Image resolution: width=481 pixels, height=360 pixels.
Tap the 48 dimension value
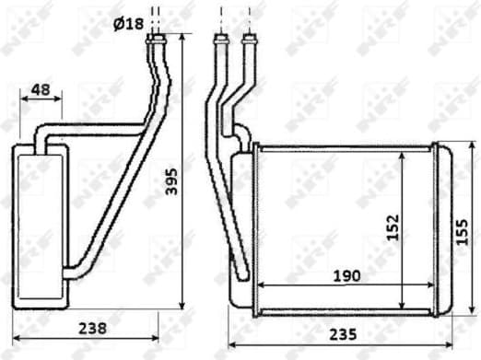[40, 90]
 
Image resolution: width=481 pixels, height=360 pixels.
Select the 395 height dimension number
[169, 187]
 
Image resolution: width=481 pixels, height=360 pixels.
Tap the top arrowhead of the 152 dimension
[403, 155]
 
